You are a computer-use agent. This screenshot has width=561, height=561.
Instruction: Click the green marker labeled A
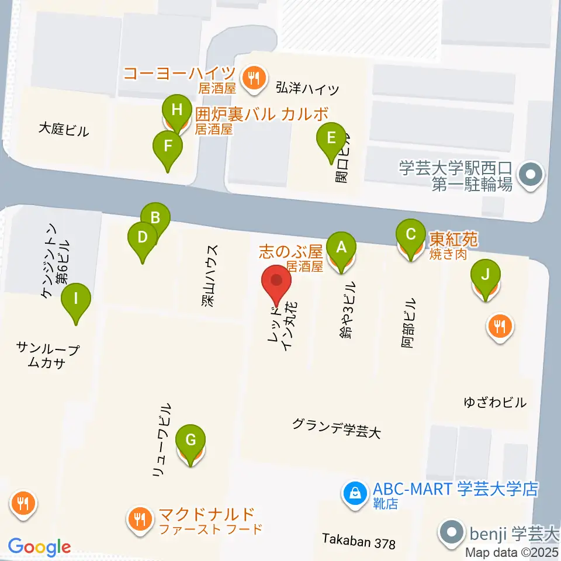(341, 248)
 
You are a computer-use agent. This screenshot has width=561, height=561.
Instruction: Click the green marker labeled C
(411, 236)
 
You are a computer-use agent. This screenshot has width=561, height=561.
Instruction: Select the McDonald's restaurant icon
(140, 517)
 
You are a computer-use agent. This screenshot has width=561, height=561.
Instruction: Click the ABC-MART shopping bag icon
(354, 494)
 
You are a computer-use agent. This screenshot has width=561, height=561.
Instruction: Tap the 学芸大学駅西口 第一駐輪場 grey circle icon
(531, 174)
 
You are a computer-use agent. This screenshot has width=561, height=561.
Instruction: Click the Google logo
(39, 547)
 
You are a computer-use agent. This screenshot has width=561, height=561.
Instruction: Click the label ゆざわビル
(494, 403)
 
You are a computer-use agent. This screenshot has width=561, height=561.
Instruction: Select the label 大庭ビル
(64, 130)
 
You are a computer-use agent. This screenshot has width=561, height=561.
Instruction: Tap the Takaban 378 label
(359, 542)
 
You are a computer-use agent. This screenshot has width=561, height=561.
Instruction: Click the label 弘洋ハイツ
(307, 89)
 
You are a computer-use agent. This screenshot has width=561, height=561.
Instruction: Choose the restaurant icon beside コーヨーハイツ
(253, 77)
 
